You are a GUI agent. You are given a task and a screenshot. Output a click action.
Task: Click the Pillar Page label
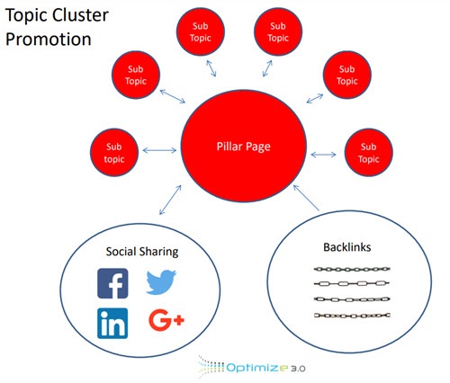point(244,147)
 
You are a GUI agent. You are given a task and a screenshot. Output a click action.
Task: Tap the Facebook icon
point(112,283)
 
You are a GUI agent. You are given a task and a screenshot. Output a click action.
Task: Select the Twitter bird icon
point(161,282)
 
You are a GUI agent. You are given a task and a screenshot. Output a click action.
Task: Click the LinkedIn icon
point(112,324)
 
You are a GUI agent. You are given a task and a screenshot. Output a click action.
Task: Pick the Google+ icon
point(166,321)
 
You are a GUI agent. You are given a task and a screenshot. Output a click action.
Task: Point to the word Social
point(121,251)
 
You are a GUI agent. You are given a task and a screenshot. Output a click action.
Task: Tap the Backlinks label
point(347,247)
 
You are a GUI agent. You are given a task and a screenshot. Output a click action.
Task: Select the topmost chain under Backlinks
point(352,269)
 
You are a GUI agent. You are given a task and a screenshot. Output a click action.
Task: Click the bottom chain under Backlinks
point(352,316)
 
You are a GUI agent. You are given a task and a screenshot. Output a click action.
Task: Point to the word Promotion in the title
point(49,40)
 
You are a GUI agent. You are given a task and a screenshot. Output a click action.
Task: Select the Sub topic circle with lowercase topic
point(114,153)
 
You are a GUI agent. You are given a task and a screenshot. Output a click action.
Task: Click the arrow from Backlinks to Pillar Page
point(306,198)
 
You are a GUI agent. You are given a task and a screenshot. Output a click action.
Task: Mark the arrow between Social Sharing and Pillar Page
point(170,200)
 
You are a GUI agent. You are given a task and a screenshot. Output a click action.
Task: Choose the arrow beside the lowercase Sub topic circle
point(159,150)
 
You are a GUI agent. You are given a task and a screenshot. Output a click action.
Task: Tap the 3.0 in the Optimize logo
point(298,368)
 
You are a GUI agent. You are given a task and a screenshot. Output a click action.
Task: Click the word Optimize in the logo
point(257,368)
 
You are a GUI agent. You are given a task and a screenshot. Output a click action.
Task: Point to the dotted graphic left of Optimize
point(211,366)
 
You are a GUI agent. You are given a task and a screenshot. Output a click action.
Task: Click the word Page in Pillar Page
point(258,147)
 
